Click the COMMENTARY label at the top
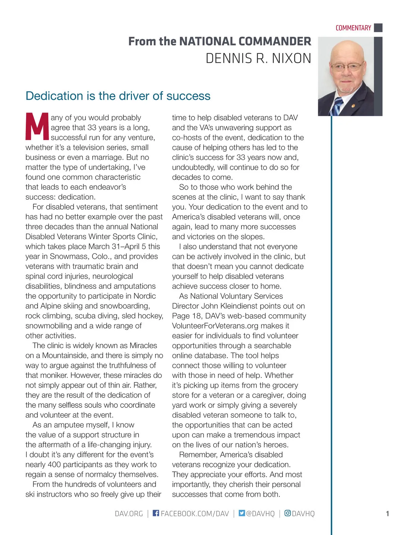(353, 28)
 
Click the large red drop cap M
(37, 127)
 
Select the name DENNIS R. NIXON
(258, 58)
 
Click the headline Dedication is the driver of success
(118, 96)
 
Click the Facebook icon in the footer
(156, 513)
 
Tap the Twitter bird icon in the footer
(242, 513)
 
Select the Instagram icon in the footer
(288, 513)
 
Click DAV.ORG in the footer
(129, 513)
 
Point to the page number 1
(387, 514)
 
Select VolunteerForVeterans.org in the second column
(215, 326)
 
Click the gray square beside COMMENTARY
(378, 28)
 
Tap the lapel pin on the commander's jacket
(354, 106)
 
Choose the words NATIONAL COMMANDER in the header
(245, 41)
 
